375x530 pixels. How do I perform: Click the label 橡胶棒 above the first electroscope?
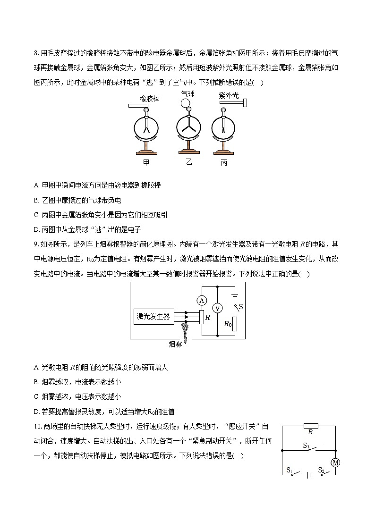[149, 99]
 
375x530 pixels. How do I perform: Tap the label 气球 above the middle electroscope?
[188, 94]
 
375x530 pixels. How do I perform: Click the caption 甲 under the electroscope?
[146, 162]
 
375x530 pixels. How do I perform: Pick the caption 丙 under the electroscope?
[224, 163]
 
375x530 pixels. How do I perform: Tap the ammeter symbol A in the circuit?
[202, 300]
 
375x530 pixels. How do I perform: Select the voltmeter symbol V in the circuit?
[218, 308]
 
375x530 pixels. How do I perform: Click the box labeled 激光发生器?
[153, 316]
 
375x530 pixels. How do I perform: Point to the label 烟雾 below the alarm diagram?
[175, 344]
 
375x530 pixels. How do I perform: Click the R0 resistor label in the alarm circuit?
[228, 323]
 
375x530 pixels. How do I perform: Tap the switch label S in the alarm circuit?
[240, 307]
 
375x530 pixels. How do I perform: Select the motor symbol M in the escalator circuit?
[335, 463]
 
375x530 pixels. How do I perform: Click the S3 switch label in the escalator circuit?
[306, 446]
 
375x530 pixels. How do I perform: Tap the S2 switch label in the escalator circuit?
[321, 470]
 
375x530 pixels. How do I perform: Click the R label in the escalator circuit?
[310, 432]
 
